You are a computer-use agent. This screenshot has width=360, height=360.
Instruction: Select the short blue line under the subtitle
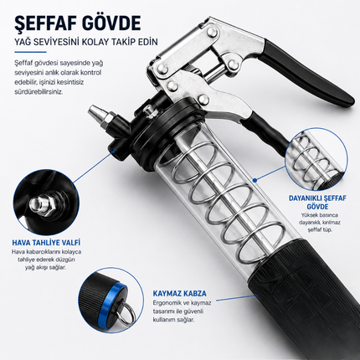(30, 52)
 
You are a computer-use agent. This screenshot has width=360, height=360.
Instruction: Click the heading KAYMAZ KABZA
(180, 293)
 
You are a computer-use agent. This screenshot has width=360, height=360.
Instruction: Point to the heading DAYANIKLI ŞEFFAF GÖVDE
(317, 203)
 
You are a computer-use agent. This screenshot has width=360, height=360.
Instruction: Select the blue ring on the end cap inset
(111, 301)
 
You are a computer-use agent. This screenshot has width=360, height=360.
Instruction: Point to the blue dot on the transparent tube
(255, 181)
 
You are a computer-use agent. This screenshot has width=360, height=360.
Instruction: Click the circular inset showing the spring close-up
(316, 159)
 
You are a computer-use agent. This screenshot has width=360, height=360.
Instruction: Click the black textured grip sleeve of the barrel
(301, 299)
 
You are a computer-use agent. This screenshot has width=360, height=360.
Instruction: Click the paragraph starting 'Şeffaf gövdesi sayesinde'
(59, 77)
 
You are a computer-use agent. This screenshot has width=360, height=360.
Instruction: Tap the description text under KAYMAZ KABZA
(182, 311)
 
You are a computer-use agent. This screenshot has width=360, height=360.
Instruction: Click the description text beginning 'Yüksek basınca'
(316, 223)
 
